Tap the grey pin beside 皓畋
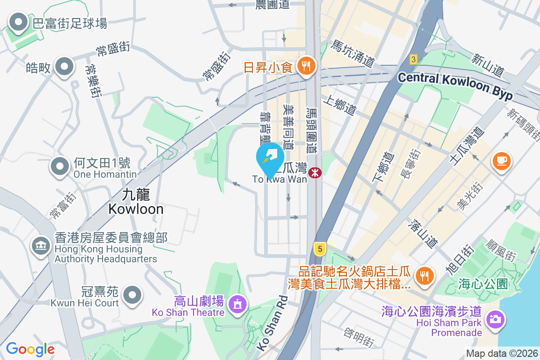pos(64,67)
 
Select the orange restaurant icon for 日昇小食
pos(307,67)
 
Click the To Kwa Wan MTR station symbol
pos(315,172)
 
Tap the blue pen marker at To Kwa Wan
pos(270,157)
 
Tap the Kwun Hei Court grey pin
pos(132,296)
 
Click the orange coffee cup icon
pos(502,161)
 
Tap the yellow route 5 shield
pos(319,248)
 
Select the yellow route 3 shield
pos(414,59)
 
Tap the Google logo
pos(30,349)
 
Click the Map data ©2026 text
pos(502,354)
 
